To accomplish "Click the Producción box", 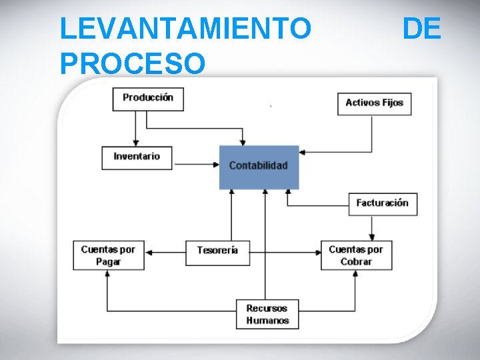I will point(148,98).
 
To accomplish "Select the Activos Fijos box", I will point(374,103).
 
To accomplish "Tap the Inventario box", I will point(137,157).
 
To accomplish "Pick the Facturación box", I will point(382,203).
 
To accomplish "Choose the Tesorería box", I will point(217,251).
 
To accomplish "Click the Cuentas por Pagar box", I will point(108,255).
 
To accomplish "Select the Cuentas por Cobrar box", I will point(356,255).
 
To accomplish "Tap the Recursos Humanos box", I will point(267,314).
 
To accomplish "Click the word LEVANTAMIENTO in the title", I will point(185,29).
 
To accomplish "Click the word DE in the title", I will point(421,29).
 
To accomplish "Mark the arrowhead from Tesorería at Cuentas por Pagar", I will point(149,253).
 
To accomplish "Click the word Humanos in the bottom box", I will point(267,321).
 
